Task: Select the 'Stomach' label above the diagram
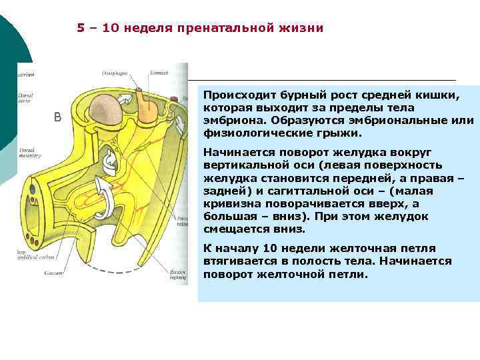pos(159,72)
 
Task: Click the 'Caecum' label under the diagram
pos(53,273)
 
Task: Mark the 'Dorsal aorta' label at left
pos(27,99)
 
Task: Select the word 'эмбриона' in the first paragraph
pos(231,121)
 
